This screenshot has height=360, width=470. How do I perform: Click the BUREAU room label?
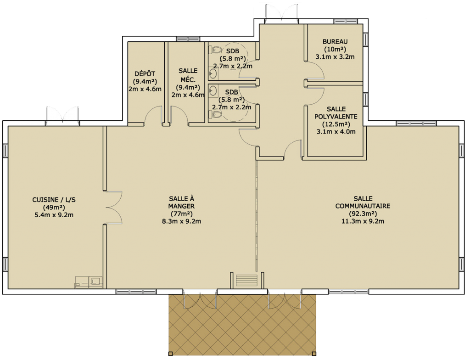[x=335, y=42]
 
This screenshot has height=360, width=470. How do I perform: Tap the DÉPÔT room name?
[x=145, y=74]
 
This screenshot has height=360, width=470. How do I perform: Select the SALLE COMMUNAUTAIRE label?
[x=363, y=202]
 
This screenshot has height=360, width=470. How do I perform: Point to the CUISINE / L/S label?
[x=54, y=200]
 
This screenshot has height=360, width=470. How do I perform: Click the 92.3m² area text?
[x=363, y=214]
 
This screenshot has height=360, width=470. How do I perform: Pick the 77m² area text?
[x=181, y=214]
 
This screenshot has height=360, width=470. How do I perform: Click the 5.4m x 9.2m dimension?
[x=54, y=215]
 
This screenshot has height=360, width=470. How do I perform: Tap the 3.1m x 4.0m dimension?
[x=336, y=131]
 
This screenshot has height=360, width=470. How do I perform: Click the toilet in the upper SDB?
[x=215, y=50]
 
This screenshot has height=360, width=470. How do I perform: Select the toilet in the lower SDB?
[x=215, y=114]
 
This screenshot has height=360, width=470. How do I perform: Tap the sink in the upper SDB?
[x=213, y=73]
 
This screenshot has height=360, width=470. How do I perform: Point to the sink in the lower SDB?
[x=213, y=90]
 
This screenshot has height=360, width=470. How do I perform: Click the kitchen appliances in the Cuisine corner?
[x=89, y=282]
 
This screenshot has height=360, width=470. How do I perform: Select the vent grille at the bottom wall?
[x=246, y=280]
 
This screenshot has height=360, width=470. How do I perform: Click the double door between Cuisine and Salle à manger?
[x=114, y=207]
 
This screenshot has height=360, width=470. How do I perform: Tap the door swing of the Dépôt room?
[x=153, y=116]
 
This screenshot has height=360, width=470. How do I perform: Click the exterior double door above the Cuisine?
[x=62, y=114]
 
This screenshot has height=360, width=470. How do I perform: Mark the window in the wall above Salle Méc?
[x=188, y=39]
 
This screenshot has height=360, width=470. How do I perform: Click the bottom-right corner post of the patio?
[x=314, y=354]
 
